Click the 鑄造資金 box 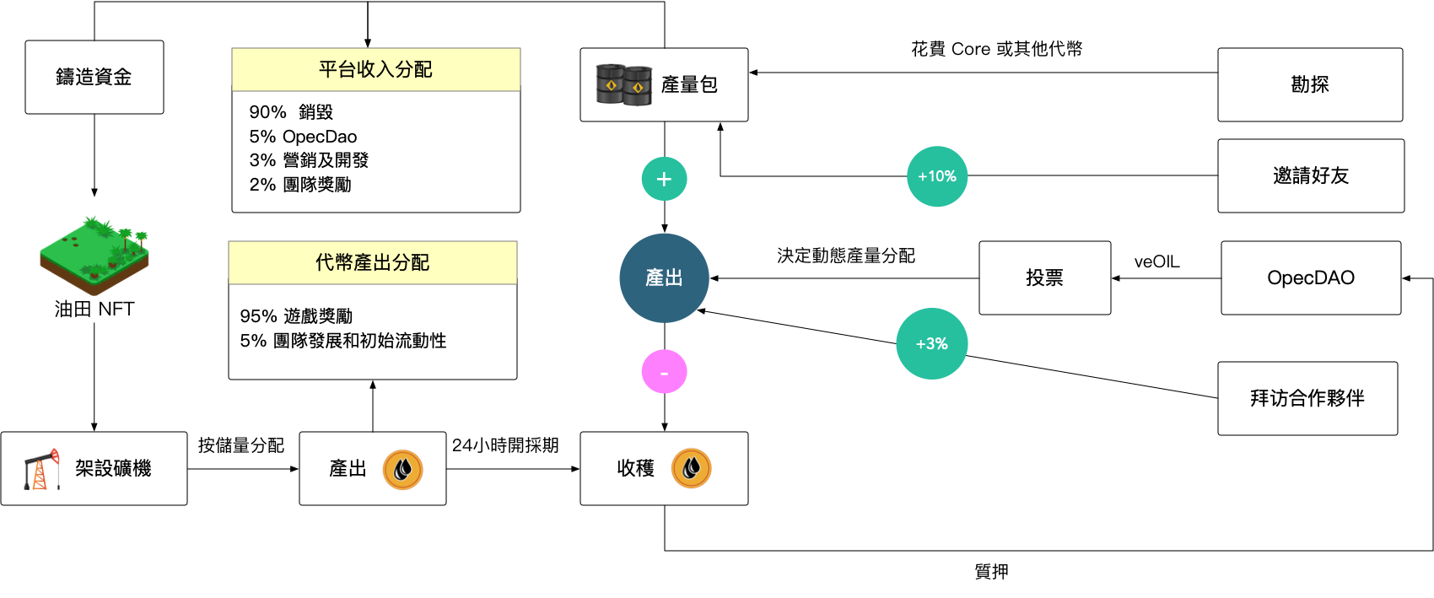click(x=94, y=77)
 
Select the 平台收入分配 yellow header click(x=375, y=69)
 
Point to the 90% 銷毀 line click(x=291, y=112)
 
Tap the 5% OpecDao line click(x=303, y=137)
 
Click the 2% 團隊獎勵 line click(x=300, y=185)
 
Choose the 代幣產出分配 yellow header click(x=372, y=262)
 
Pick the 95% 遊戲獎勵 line click(x=296, y=316)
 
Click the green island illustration click(x=94, y=255)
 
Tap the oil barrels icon click(x=623, y=84)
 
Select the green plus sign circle click(x=664, y=179)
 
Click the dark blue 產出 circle click(x=664, y=277)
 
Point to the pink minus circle click(x=664, y=372)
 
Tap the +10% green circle click(x=937, y=176)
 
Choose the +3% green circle click(x=931, y=343)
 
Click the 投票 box click(x=1044, y=277)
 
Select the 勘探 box click(x=1309, y=84)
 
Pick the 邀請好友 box click(x=1310, y=175)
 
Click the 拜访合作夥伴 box click(x=1307, y=398)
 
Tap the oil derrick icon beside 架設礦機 click(x=41, y=469)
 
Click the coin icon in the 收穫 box click(x=691, y=468)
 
